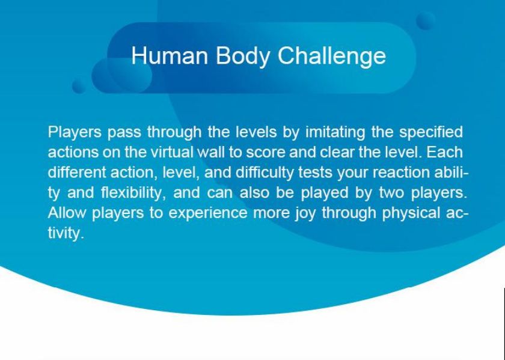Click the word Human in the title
click(170, 55)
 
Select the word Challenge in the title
click(332, 56)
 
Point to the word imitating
click(335, 132)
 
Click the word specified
click(431, 132)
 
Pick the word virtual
click(172, 152)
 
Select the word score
click(265, 153)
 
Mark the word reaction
click(401, 172)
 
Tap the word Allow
click(67, 213)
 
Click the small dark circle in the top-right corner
click(426, 20)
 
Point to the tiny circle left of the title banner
click(79, 87)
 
